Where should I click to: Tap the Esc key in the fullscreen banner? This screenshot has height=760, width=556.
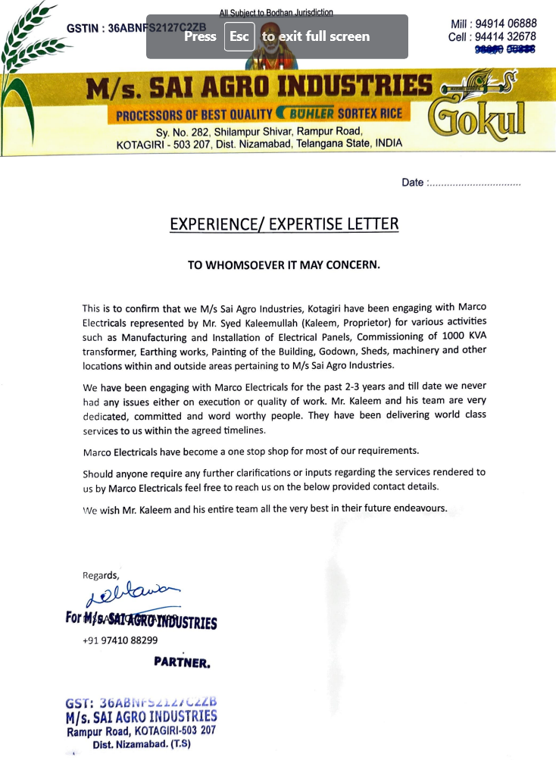pos(239,36)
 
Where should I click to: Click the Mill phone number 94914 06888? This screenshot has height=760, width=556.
pos(505,23)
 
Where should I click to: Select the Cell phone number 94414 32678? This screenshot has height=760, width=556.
pos(505,36)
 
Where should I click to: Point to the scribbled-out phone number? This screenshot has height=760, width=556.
pos(505,49)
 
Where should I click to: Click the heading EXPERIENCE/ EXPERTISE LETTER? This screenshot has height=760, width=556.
pos(284,224)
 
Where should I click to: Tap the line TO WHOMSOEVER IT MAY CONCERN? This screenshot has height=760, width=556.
pos(283,265)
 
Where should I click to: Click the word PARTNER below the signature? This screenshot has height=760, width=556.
pos(182,661)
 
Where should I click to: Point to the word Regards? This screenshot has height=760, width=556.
pos(101,575)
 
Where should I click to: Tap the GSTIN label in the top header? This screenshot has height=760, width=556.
pos(83,28)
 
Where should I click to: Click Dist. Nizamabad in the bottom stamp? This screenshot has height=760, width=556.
pos(142,744)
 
